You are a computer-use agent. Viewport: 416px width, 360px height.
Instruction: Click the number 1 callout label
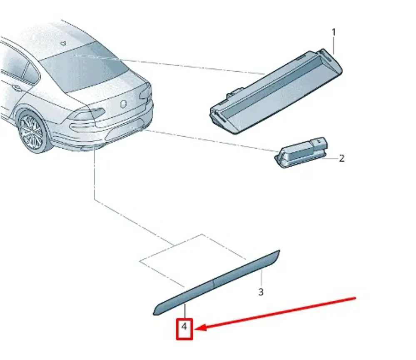(x=334, y=32)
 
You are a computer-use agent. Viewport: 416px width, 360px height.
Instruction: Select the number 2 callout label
(x=341, y=158)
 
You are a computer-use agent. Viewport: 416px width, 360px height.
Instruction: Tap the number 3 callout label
(x=261, y=292)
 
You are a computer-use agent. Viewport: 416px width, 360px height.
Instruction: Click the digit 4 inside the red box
(x=184, y=327)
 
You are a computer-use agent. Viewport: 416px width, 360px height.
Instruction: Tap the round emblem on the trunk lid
(x=123, y=104)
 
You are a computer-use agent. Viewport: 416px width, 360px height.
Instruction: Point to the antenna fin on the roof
(x=63, y=42)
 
